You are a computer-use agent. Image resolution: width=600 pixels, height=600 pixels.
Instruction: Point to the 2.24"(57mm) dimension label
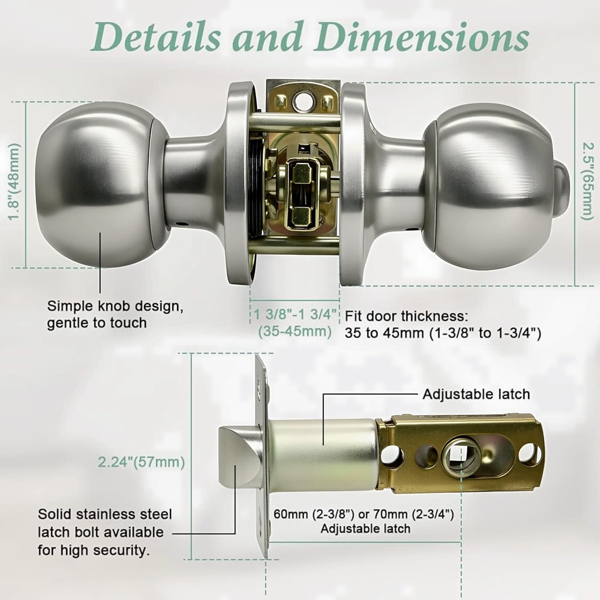[142, 462]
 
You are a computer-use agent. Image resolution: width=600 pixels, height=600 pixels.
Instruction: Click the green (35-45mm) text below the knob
[295, 332]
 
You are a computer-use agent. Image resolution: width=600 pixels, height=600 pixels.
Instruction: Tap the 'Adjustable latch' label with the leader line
[476, 394]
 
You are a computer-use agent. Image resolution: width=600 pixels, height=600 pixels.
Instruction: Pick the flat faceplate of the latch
[262, 457]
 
